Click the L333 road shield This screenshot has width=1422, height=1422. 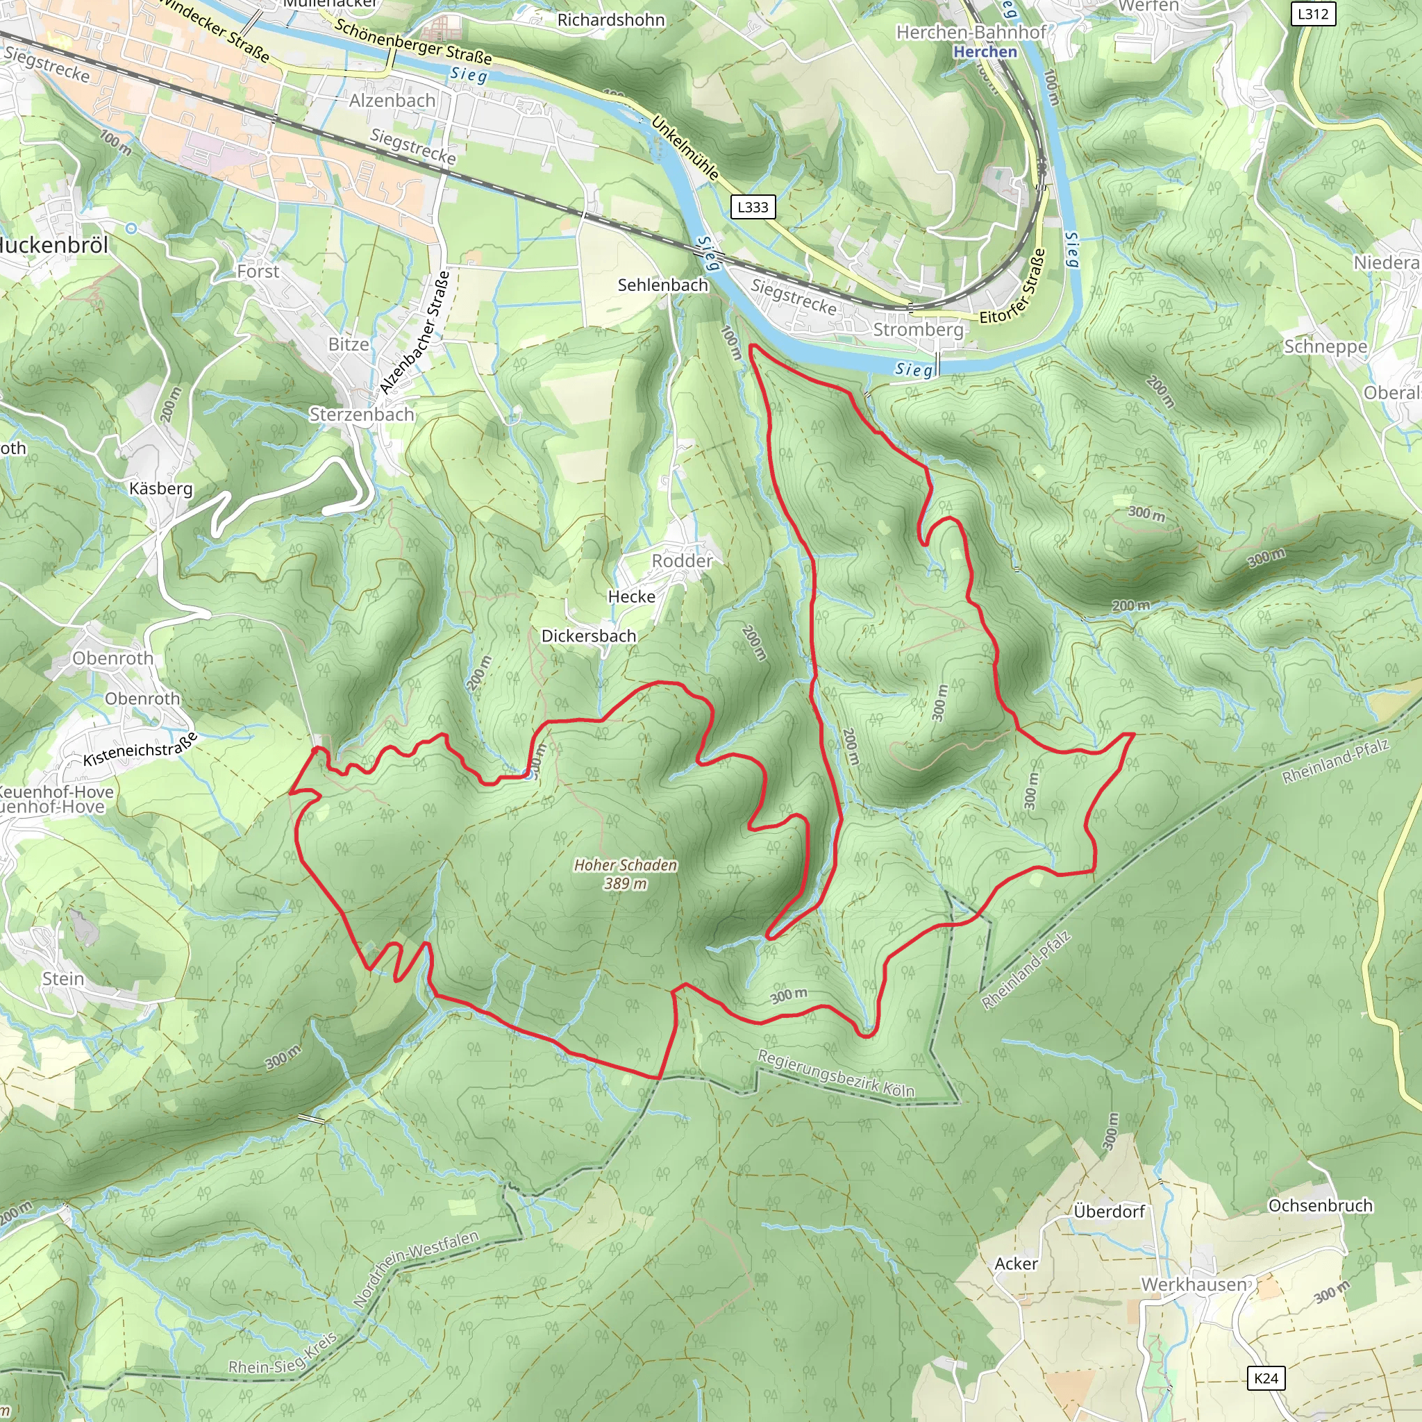point(753,207)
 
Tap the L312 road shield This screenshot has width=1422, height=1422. point(1313,13)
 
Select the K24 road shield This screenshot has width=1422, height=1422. point(1266,1378)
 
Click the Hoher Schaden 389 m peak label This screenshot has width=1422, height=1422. point(626,873)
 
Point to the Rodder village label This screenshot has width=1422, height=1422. point(683,561)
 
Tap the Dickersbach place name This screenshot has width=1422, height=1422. point(589,636)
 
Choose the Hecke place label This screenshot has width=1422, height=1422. point(632,597)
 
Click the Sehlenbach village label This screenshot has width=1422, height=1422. point(662,285)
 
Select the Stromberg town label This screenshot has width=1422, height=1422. point(918,329)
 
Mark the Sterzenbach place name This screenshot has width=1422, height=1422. point(361,415)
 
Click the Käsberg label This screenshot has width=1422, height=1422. point(160,489)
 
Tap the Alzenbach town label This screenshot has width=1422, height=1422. point(392,100)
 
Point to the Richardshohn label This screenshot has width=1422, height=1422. point(611,20)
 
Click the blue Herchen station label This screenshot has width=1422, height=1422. point(985,51)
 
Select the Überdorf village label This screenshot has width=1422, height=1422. point(1108,1212)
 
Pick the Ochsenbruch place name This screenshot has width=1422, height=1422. point(1321,1205)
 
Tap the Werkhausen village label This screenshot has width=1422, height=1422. point(1194,1285)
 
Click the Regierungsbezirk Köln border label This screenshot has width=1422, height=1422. point(836,1075)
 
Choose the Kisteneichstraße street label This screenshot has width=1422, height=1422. point(140,749)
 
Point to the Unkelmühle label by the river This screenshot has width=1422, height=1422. point(685,148)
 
